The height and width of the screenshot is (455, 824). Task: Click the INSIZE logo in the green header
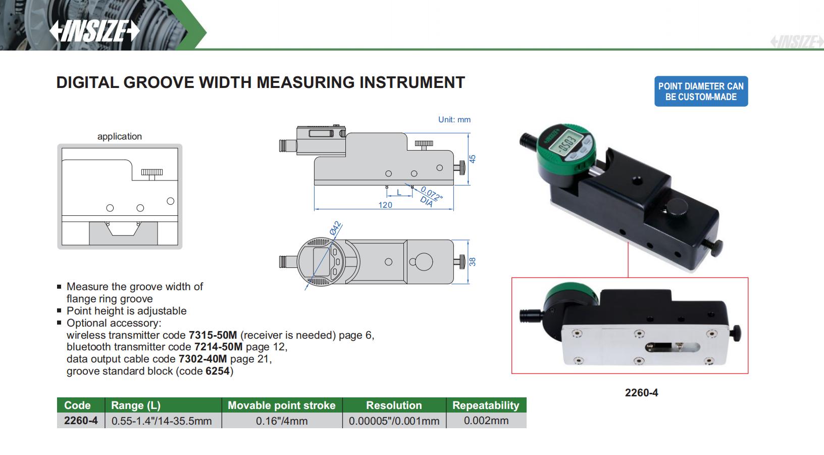click(x=94, y=31)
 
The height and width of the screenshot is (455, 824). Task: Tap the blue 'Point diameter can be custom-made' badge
click(x=701, y=92)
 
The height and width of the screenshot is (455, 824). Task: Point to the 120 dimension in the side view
click(x=385, y=205)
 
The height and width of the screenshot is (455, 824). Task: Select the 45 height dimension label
click(x=473, y=158)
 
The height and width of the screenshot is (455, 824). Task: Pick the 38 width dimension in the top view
click(x=473, y=261)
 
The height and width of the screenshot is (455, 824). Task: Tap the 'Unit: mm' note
click(x=454, y=120)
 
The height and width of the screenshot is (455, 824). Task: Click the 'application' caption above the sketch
click(x=120, y=136)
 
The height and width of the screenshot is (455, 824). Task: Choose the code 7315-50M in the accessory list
click(x=213, y=335)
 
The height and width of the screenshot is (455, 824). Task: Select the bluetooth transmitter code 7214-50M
click(x=218, y=347)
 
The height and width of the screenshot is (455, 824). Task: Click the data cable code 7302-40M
click(x=202, y=359)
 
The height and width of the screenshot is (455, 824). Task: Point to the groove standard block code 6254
click(x=218, y=371)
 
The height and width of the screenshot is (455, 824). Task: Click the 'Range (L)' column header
click(x=135, y=405)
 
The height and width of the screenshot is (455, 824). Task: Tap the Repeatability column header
click(x=485, y=405)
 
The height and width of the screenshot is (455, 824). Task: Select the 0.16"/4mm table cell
click(x=281, y=421)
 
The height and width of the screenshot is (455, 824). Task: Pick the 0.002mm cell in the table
click(x=486, y=421)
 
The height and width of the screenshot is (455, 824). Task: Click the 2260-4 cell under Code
click(x=81, y=421)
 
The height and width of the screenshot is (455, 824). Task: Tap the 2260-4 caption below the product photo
click(x=641, y=393)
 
